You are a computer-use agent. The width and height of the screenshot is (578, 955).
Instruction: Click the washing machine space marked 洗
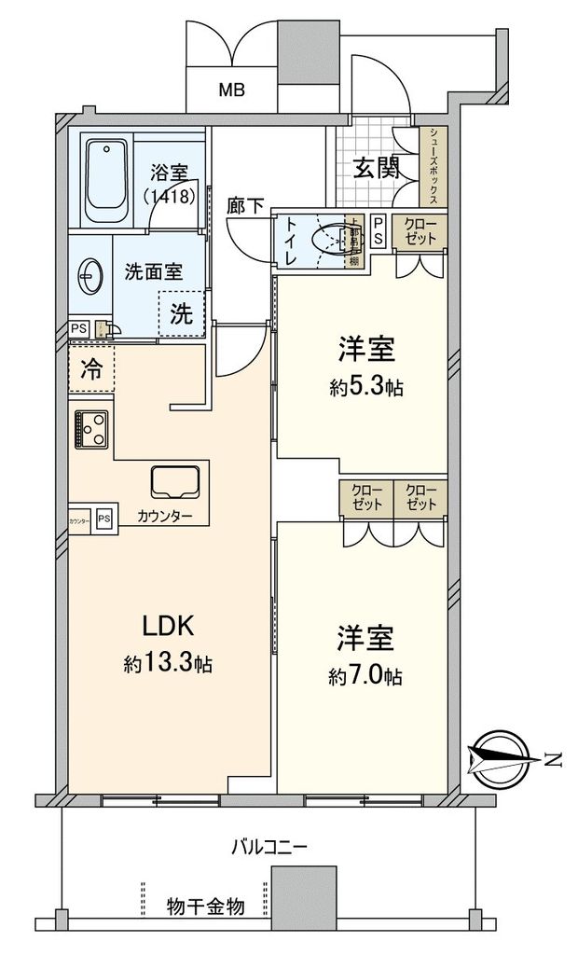point(181,314)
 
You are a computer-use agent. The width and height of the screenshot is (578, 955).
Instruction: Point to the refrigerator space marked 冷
point(91,367)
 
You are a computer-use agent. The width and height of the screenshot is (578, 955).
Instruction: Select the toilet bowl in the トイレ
point(330,240)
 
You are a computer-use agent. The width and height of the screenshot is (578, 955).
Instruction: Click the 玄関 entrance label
point(377,168)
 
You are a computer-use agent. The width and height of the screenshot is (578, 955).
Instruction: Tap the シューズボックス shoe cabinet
point(434,166)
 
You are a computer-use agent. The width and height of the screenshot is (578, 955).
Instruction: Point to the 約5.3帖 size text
point(365,387)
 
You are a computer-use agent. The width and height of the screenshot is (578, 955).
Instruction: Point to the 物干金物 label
point(206,906)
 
